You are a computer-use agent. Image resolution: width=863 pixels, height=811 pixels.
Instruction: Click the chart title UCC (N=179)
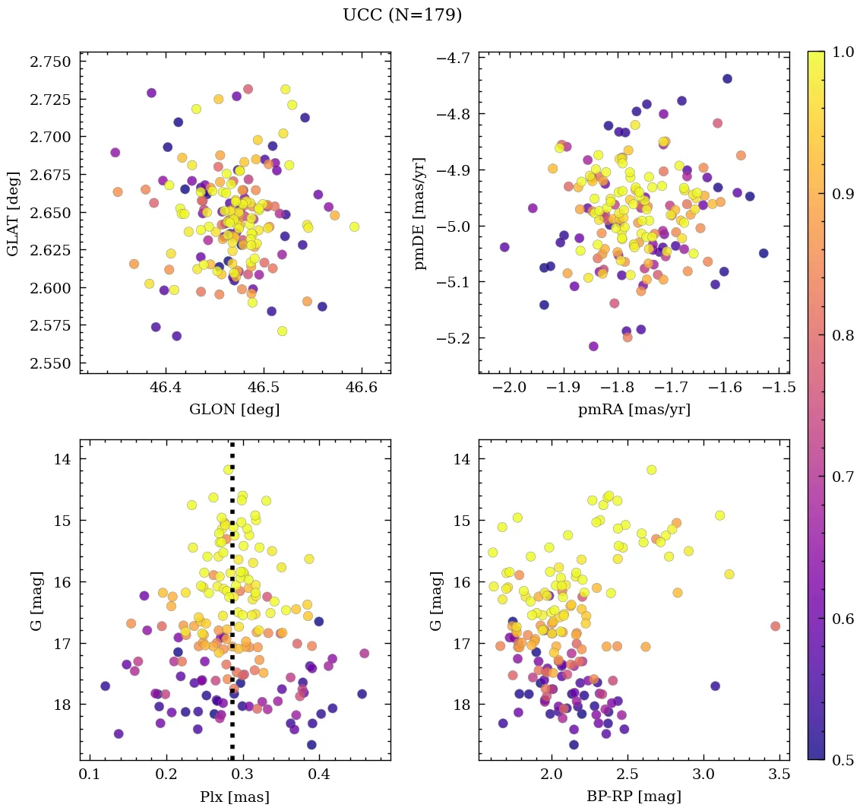click(402, 15)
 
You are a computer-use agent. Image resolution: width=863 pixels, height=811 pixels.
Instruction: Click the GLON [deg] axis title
click(235, 410)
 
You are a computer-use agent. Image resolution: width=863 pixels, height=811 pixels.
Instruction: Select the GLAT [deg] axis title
click(13, 212)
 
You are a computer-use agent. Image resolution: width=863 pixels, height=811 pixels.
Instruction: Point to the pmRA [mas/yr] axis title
click(634, 410)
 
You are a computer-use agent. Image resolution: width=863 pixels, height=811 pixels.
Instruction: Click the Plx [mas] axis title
click(235, 797)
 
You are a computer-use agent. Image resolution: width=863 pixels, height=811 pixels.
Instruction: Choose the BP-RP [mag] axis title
click(634, 797)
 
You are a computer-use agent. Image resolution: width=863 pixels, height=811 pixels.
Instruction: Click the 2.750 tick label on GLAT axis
click(50, 62)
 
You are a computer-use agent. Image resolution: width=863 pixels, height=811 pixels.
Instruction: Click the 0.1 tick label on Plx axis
click(90, 776)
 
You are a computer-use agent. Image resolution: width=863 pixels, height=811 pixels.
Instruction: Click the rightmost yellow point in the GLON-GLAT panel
click(354, 227)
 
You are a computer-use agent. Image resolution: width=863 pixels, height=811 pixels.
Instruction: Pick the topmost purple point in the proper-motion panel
click(727, 79)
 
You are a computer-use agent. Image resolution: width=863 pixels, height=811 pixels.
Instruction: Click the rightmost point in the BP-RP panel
click(775, 626)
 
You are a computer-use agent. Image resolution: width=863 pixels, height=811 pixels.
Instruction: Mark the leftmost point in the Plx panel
click(105, 686)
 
